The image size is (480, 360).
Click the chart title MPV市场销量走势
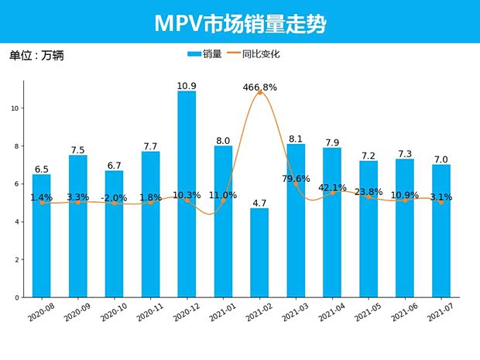click(240, 23)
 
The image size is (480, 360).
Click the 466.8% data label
click(259, 87)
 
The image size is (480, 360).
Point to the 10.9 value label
click(187, 85)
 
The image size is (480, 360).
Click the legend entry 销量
click(205, 54)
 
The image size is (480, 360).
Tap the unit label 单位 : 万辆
click(36, 55)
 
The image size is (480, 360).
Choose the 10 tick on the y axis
click(16, 108)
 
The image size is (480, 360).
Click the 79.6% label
click(296, 180)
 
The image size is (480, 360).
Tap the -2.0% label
click(115, 197)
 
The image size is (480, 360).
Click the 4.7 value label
click(259, 203)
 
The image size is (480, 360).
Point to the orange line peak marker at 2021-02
click(259, 93)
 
